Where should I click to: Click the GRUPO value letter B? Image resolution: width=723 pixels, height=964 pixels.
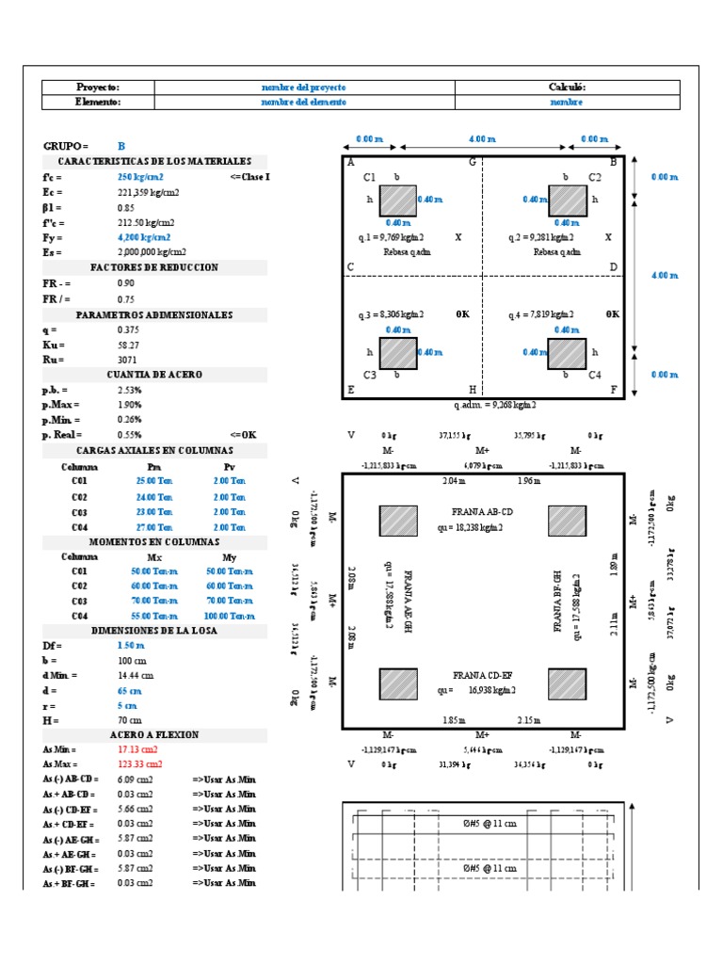121,147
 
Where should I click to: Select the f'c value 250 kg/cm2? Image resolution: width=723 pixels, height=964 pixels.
140,177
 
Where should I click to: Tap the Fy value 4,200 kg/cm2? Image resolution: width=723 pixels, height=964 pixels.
140,237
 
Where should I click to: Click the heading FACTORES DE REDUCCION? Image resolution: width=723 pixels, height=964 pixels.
154,267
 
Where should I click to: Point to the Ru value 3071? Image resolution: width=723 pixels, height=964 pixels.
128,359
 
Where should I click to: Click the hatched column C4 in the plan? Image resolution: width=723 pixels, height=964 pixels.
566,354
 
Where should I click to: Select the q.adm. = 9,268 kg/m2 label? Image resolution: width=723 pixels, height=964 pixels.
494,405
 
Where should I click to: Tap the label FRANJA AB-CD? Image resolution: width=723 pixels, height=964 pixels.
482,511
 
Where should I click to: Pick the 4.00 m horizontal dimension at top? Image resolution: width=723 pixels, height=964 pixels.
482,139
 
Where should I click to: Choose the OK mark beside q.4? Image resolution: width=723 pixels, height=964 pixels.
613,313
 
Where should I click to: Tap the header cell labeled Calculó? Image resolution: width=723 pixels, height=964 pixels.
567,87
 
